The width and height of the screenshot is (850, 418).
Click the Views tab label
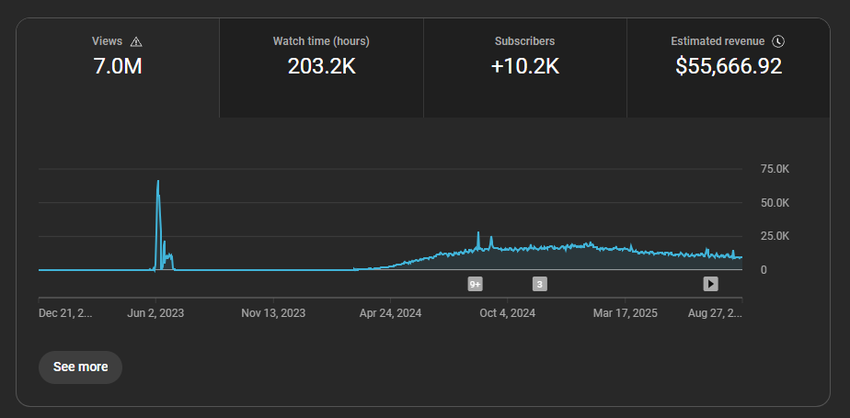point(107,41)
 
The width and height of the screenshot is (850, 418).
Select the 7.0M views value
point(118,66)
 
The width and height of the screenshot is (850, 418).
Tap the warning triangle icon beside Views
point(136,41)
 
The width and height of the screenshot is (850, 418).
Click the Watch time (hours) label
point(321,41)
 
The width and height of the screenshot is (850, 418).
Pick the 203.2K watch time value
point(321,66)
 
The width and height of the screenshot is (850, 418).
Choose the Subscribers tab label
point(524,41)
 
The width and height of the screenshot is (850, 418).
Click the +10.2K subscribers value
point(524,66)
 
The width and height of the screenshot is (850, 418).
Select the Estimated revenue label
point(718,41)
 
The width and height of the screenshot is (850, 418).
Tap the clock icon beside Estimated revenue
point(778,41)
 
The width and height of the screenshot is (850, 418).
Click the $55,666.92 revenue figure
point(729,66)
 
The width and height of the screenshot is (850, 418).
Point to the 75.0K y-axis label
point(774,169)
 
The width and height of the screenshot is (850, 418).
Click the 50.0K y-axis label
point(774,202)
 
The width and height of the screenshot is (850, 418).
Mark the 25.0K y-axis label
point(774,236)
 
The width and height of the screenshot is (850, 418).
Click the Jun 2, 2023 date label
point(155,313)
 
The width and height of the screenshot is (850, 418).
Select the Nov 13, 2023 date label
point(274,313)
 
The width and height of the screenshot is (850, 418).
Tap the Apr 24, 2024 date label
point(391,313)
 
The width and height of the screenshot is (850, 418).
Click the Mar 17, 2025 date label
point(626,313)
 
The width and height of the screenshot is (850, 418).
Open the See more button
point(80,367)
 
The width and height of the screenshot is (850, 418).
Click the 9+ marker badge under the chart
point(476,284)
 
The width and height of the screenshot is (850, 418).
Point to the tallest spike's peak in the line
point(158,181)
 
